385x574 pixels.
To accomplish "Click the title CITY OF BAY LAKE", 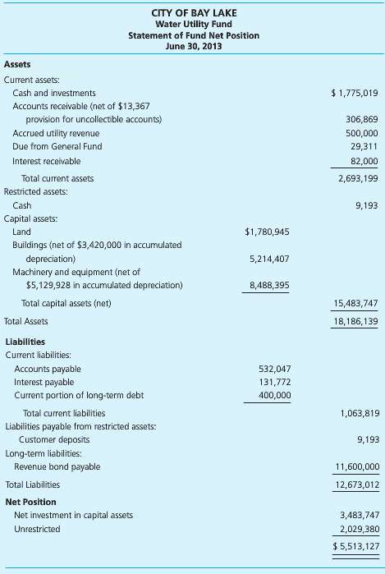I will pos(194,12).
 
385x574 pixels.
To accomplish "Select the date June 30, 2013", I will pos(194,47).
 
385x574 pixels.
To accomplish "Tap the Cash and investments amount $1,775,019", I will pos(354,93).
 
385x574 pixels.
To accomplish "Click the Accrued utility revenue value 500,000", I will pos(362,133).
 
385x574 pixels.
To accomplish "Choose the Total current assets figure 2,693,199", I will pos(358,178).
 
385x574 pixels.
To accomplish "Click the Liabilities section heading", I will pos(25,342).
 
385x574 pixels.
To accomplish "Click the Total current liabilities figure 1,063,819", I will pos(358,413).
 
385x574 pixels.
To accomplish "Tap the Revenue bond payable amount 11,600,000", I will pos(356,466).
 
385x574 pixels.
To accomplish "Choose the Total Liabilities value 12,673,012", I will pos(356,484).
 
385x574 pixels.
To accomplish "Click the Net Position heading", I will pos(30,501).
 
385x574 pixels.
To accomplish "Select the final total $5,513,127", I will pos(355,545).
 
